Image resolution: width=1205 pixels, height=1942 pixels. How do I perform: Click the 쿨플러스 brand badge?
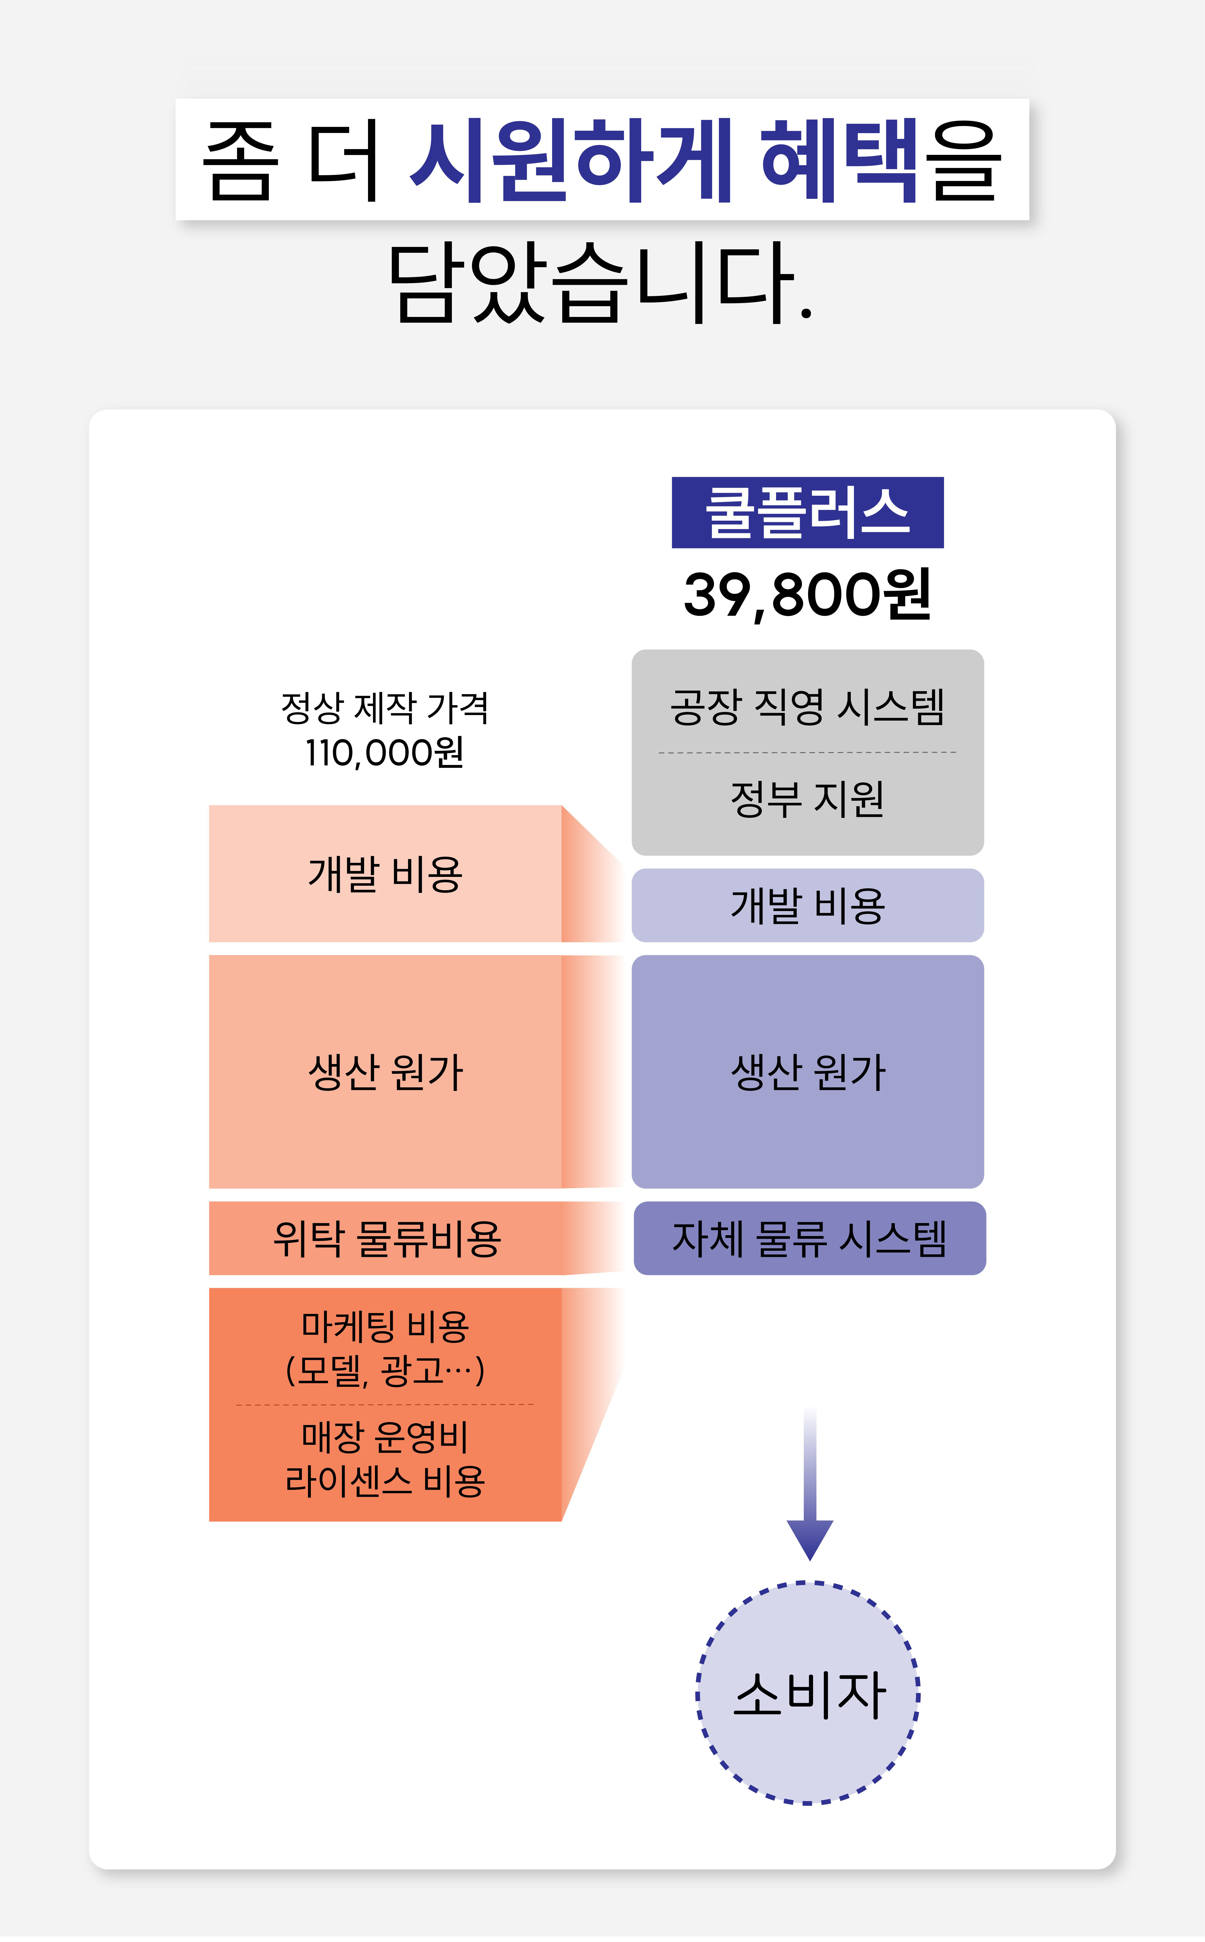(x=807, y=513)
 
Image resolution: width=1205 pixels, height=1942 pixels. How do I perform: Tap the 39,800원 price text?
(x=807, y=595)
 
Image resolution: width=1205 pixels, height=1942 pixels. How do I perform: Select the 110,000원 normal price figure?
(x=385, y=753)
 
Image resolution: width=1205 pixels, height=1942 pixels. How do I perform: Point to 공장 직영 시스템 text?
(x=807, y=707)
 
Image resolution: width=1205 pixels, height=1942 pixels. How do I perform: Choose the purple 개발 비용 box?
(x=807, y=906)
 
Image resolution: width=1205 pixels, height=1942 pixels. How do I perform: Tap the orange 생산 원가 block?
(x=385, y=1072)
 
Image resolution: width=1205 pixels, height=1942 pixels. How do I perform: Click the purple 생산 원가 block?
(x=807, y=1072)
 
